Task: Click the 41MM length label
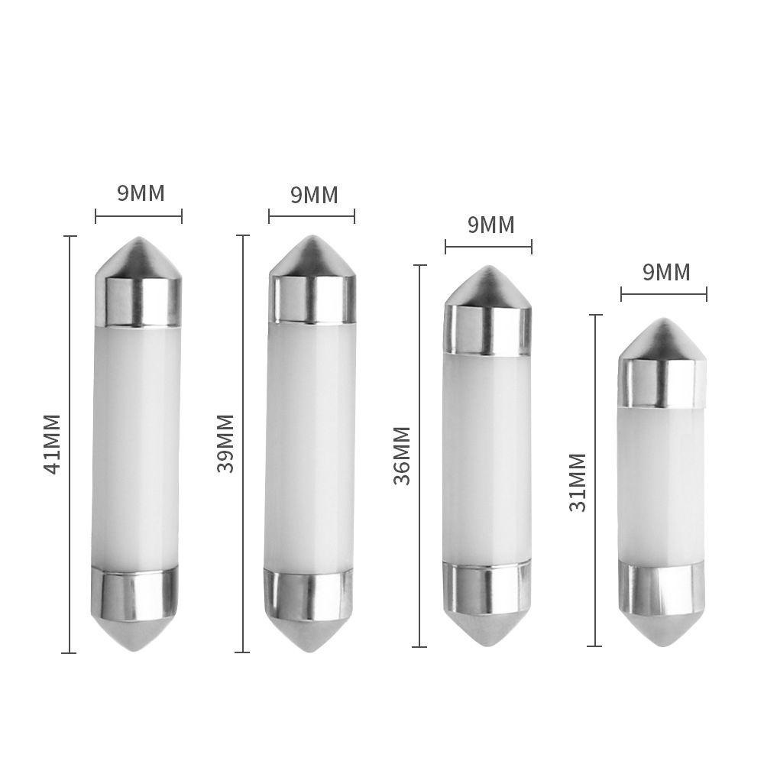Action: [52, 445]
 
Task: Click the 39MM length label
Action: [225, 443]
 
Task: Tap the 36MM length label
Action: [402, 455]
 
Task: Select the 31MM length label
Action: [578, 482]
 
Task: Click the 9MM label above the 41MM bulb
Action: [141, 193]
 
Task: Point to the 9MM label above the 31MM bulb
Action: [665, 272]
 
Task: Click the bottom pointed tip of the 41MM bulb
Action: [138, 645]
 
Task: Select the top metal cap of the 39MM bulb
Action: [311, 296]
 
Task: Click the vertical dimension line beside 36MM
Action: [419, 455]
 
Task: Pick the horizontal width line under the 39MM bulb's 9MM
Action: [311, 216]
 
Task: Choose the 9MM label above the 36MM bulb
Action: [490, 225]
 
